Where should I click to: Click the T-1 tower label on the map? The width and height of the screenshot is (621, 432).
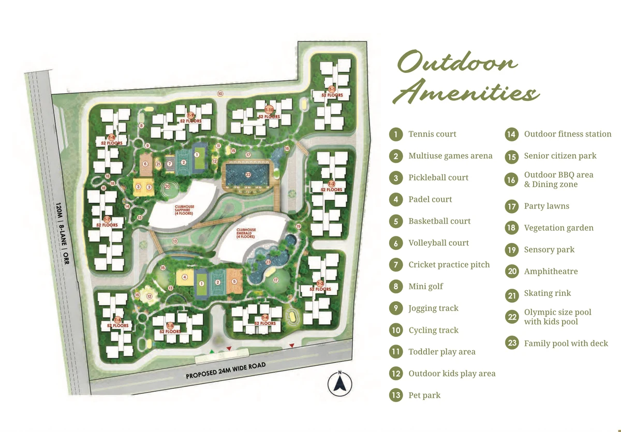pyautogui.click(x=332, y=90)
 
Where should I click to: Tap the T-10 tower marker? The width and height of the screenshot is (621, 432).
pyautogui.click(x=269, y=110)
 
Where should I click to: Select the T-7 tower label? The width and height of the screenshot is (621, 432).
pyautogui.click(x=107, y=220)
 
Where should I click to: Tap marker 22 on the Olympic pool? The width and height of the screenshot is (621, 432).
pyautogui.click(x=248, y=174)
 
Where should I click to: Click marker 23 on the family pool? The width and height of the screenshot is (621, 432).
pyautogui.click(x=268, y=262)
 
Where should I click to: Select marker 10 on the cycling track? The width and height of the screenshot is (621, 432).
pyautogui.click(x=220, y=94)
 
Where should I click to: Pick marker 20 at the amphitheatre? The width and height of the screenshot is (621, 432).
pyautogui.click(x=167, y=186)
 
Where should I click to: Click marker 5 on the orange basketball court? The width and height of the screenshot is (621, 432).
pyautogui.click(x=234, y=281)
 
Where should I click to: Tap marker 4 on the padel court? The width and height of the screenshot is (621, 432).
pyautogui.click(x=184, y=277)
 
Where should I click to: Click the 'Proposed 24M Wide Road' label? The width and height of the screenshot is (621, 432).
pyautogui.click(x=226, y=370)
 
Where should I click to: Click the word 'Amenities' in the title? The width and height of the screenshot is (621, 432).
pyautogui.click(x=468, y=94)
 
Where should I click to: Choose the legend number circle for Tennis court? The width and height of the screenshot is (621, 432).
pyautogui.click(x=395, y=135)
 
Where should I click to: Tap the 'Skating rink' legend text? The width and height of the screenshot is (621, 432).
pyautogui.click(x=547, y=293)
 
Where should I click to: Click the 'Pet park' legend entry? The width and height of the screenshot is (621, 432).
pyautogui.click(x=424, y=395)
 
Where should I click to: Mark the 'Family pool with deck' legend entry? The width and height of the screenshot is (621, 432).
pyautogui.click(x=566, y=343)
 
